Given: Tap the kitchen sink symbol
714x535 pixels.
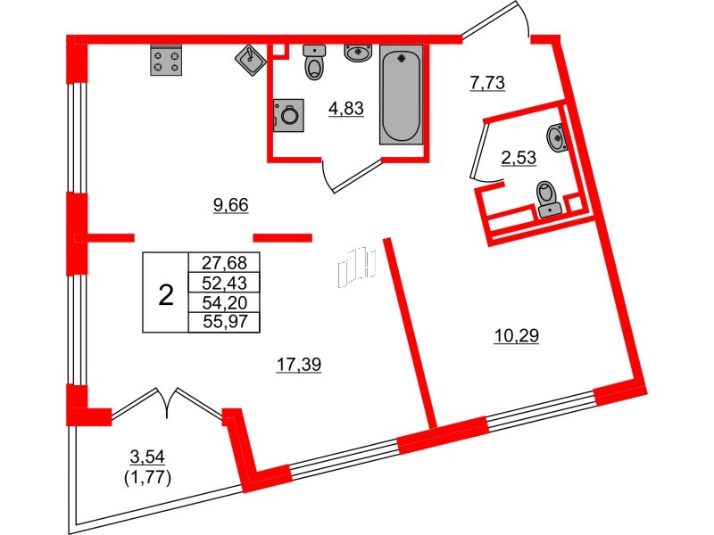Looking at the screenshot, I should pos(250,60).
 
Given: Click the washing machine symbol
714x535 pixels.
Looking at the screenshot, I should pos(288,114).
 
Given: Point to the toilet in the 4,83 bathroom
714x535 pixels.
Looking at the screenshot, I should pos(315,62).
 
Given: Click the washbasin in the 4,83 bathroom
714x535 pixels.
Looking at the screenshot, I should pos(358,53).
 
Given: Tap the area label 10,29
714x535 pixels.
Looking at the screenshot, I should pos(517,336).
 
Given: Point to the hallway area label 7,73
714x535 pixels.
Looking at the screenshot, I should pos(488,84).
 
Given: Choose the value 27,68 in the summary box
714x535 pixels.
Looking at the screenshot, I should pos(224,263).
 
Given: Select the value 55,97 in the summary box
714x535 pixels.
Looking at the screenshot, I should pos(224,322).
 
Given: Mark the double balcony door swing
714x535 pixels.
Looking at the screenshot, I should pos(167,402).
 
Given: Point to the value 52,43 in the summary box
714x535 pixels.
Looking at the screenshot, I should pos(224,283).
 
